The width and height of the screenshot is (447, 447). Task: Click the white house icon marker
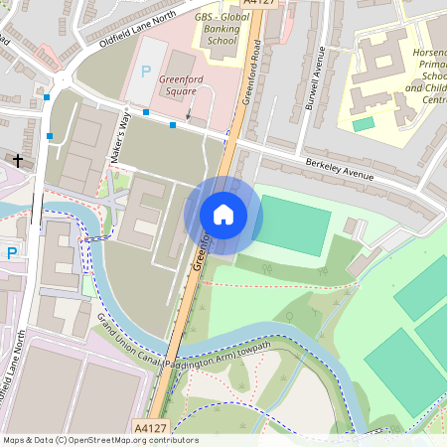click(223, 214)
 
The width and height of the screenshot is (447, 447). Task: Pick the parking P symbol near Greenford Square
click(147, 72)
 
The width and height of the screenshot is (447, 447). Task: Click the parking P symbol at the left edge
click(12, 253)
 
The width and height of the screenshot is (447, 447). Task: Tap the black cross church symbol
click(17, 159)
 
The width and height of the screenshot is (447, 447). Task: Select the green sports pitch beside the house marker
click(294, 224)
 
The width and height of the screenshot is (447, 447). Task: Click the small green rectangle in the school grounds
click(364, 124)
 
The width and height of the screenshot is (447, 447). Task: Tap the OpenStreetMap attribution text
click(99, 440)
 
